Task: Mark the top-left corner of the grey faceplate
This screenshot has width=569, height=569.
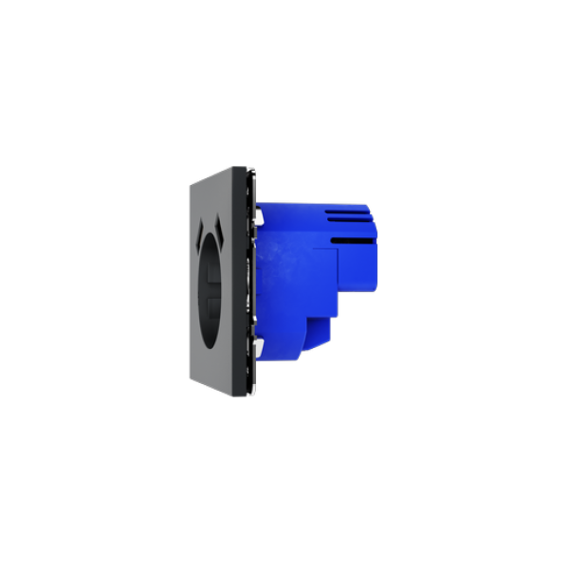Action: click(189, 185)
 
